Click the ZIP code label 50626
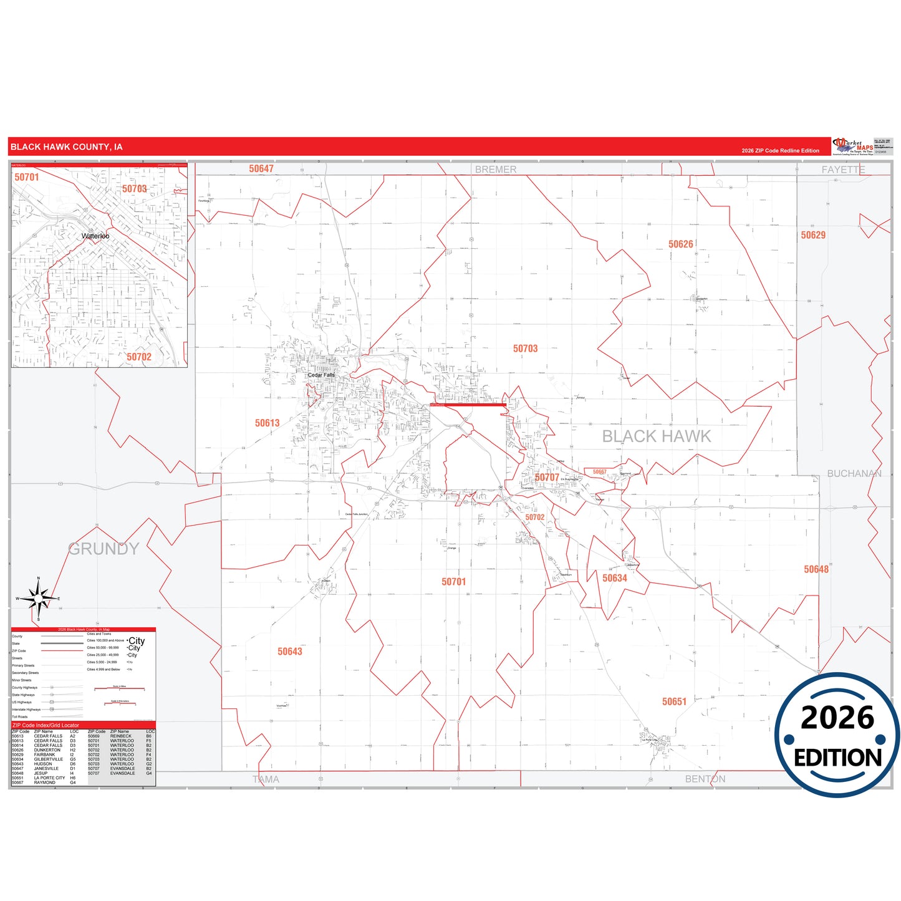tap(680, 244)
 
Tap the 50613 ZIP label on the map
tap(267, 423)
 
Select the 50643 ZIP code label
tap(289, 652)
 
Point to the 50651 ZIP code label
tap(674, 702)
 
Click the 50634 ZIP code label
tap(614, 579)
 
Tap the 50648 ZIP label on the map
tap(816, 569)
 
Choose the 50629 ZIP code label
tap(813, 235)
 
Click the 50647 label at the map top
tap(261, 169)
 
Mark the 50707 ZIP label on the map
tap(547, 478)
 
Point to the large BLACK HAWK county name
tap(656, 436)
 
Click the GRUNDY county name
tap(103, 549)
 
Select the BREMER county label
tap(496, 170)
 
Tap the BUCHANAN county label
tap(854, 474)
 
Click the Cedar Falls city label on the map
tap(321, 375)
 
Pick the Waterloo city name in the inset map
tap(95, 236)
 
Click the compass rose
tap(39, 599)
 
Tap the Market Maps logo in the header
tap(853, 147)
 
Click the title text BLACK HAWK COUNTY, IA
tap(67, 147)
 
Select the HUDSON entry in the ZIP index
tap(43, 764)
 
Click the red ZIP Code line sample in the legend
tap(62, 651)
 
